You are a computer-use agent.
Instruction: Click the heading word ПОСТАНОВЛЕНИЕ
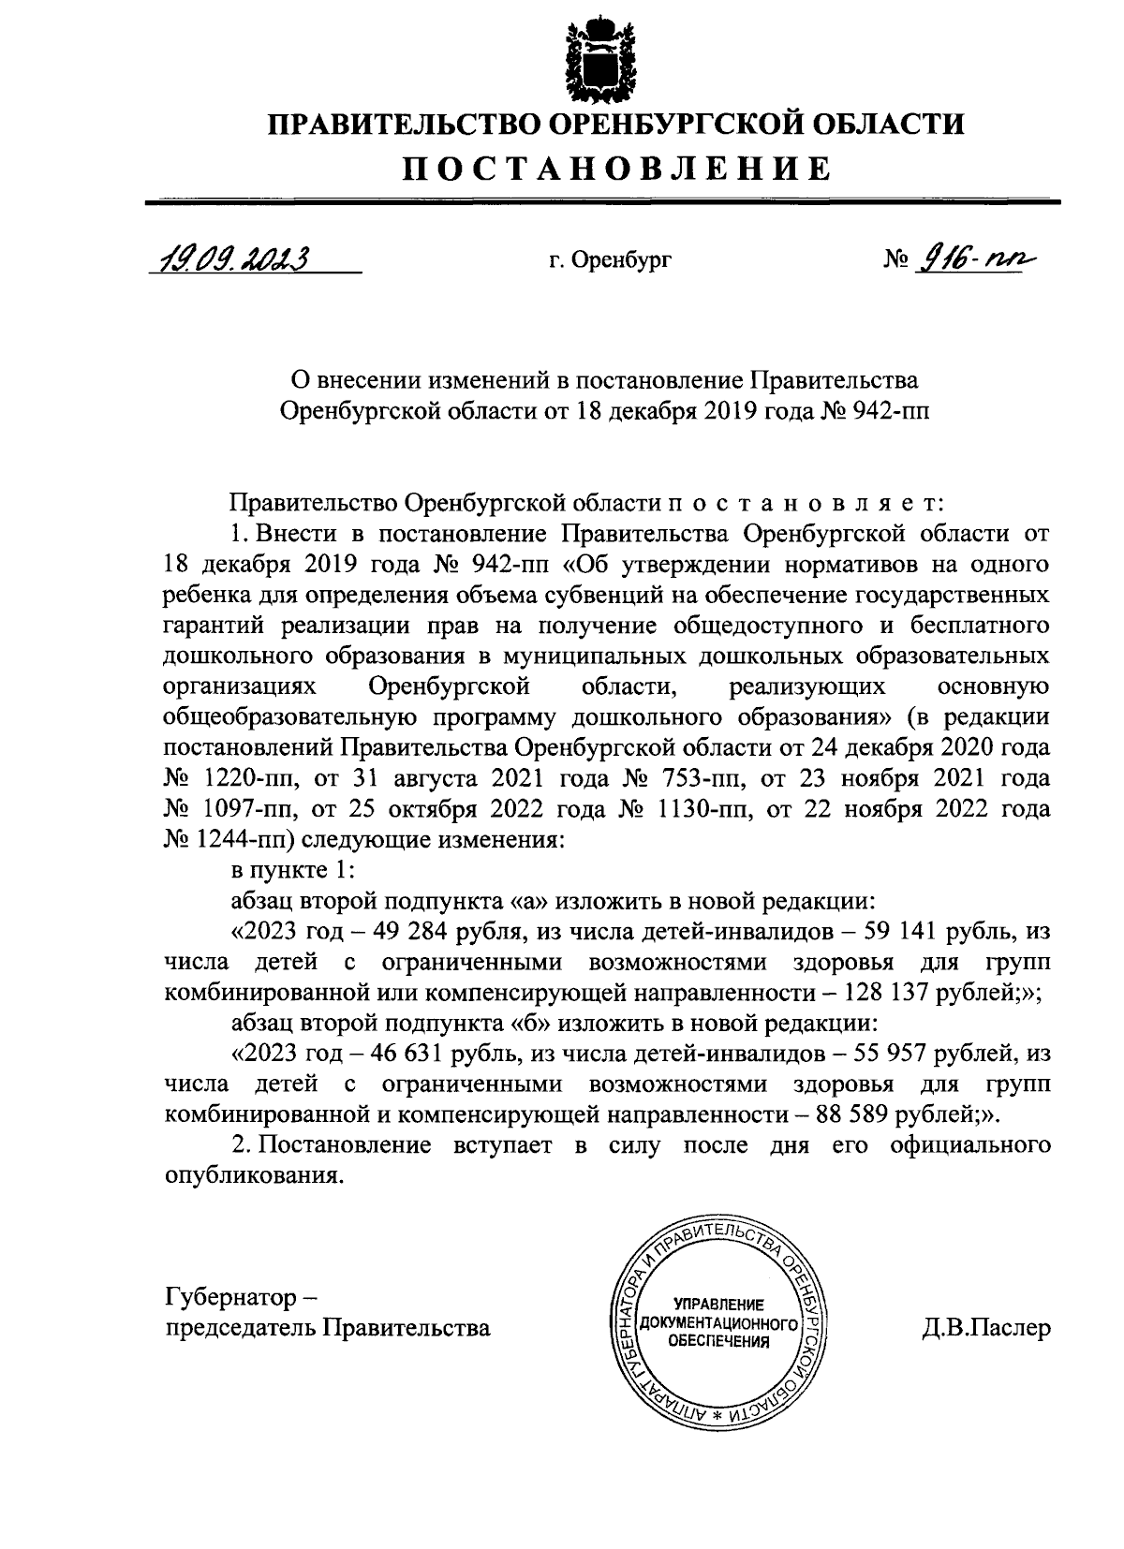[x=616, y=169]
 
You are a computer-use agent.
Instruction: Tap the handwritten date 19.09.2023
[x=230, y=257]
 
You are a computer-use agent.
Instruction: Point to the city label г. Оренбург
[x=610, y=260]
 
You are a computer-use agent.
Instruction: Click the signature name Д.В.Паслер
[x=986, y=1328]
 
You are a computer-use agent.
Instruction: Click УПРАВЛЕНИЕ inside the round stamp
[x=718, y=1305]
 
